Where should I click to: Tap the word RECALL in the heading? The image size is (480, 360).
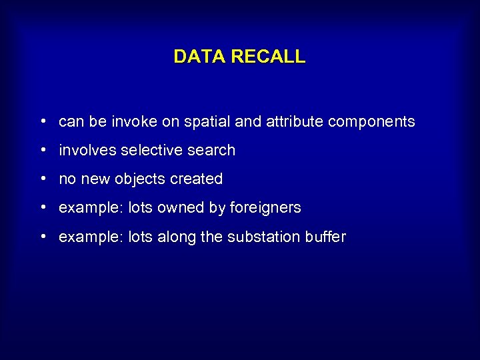[267, 57]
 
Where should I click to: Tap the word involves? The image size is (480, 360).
[87, 151]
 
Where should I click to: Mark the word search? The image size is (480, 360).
[211, 151]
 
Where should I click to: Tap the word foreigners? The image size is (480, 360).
[265, 208]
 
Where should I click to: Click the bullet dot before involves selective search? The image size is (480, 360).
[42, 151]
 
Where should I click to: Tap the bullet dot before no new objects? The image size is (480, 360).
[42, 179]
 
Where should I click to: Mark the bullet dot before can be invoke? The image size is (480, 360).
[42, 122]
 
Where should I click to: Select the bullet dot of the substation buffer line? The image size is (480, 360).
[42, 237]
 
